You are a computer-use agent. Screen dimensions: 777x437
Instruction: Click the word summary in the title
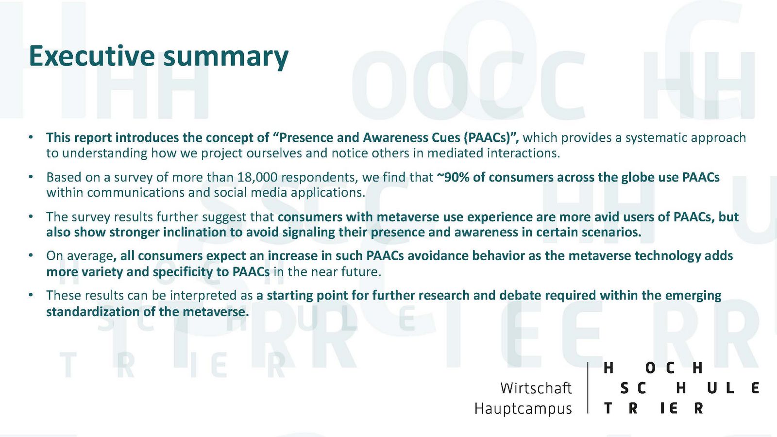[226, 58]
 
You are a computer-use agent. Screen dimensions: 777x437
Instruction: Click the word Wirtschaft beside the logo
[536, 388]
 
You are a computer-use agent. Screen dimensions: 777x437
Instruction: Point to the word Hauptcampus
[523, 409]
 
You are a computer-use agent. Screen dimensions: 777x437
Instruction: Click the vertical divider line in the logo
[588, 387]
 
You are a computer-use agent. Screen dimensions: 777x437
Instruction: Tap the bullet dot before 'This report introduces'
[31, 137]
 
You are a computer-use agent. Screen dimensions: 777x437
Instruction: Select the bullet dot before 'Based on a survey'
[31, 177]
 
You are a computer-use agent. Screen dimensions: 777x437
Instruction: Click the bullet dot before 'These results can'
[31, 295]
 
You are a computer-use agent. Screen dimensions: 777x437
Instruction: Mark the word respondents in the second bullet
[319, 178]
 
